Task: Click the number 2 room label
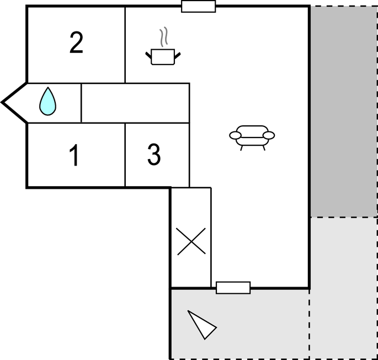click(76, 43)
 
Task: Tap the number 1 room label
click(74, 155)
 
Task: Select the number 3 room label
click(154, 155)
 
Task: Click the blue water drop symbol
click(47, 101)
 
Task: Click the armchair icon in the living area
click(252, 138)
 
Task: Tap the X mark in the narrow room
click(191, 241)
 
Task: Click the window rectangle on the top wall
click(199, 6)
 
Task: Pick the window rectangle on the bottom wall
click(233, 288)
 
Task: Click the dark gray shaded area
click(344, 112)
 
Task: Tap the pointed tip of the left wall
click(2, 102)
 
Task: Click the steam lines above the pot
click(163, 36)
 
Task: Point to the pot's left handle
click(148, 55)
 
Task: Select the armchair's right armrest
click(269, 135)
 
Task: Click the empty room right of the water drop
click(135, 103)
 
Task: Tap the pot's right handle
click(178, 56)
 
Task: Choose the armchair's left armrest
click(235, 135)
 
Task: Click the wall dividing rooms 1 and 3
click(125, 155)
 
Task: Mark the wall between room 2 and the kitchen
click(125, 45)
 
